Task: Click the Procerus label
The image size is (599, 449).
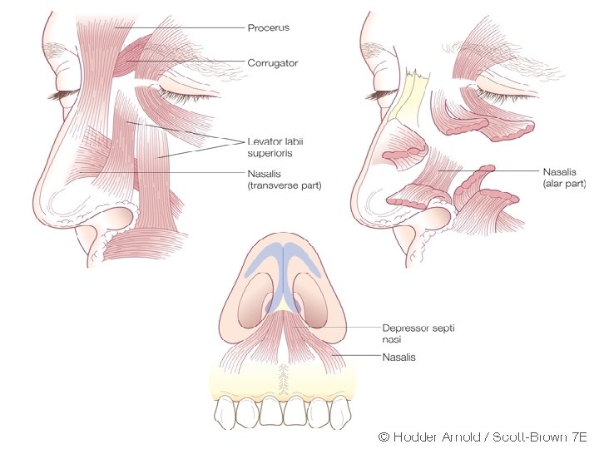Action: tap(268, 28)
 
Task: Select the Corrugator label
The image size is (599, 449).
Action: tap(272, 63)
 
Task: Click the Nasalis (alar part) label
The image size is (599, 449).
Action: tap(565, 176)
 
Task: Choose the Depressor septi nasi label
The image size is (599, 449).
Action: tap(417, 333)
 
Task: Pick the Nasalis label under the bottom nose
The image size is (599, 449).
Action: tap(399, 358)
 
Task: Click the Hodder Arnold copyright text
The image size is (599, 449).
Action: tap(483, 437)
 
